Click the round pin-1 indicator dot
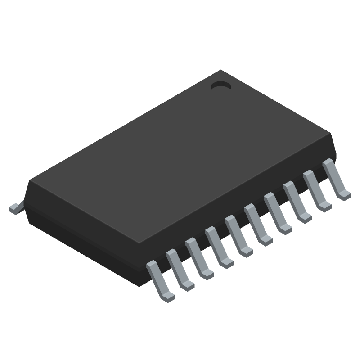coord(220,85)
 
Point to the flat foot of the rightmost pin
coord(344,194)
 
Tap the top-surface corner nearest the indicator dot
coord(220,71)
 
